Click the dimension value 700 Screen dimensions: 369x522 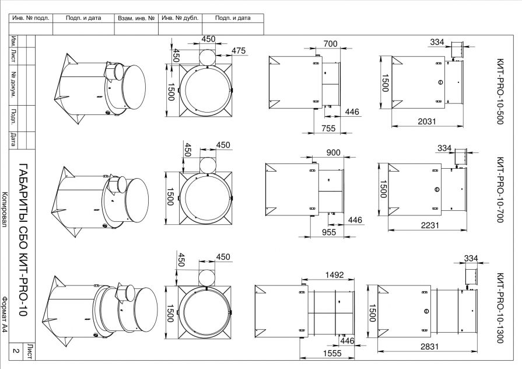tap(331, 44)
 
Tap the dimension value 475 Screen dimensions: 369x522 tap(238, 51)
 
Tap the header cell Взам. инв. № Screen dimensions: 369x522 tap(135, 18)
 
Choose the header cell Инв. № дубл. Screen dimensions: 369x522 tap(180, 18)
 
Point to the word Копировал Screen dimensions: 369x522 tap(5, 210)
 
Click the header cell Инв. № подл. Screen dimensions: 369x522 tap(31, 18)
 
